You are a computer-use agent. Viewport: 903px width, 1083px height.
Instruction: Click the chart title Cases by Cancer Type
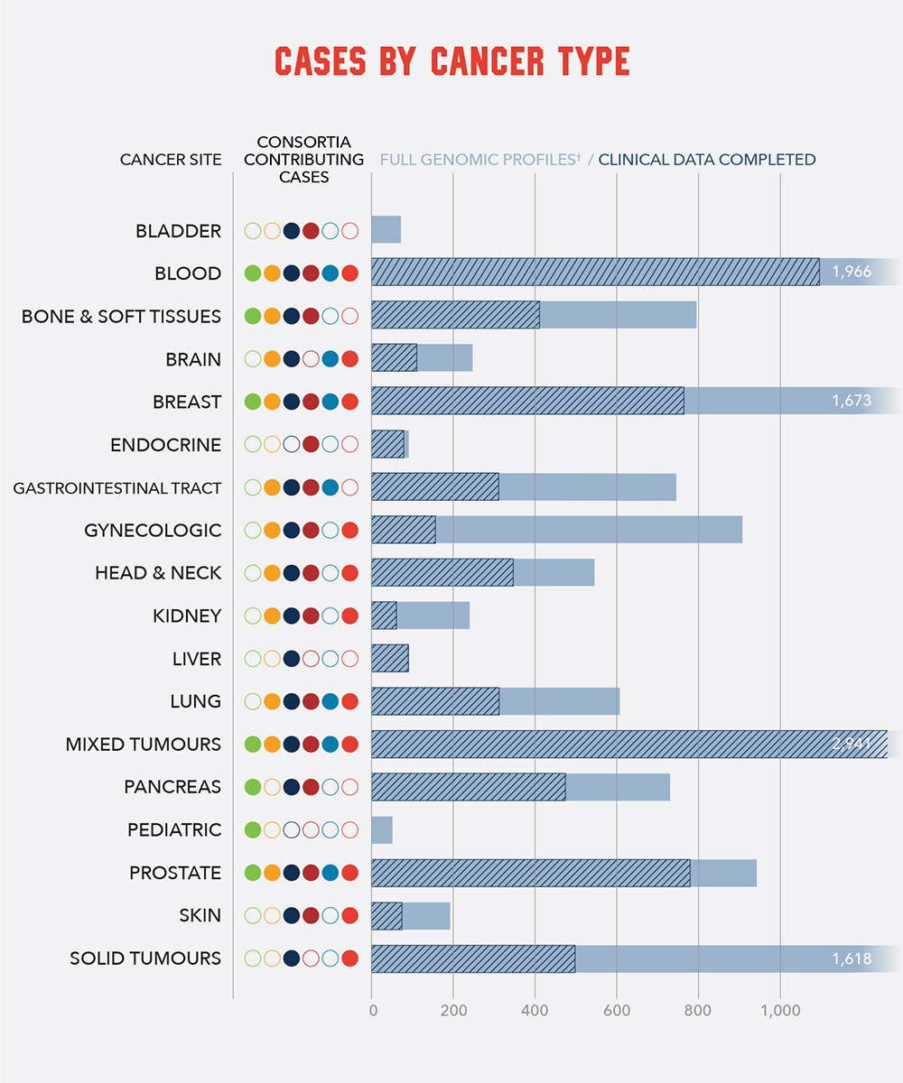pos(451,62)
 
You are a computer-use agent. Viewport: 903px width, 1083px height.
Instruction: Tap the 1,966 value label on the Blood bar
pos(852,273)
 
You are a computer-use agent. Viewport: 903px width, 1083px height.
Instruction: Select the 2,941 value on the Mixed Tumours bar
pos(852,745)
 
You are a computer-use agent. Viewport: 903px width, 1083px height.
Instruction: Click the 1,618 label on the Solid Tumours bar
pos(852,958)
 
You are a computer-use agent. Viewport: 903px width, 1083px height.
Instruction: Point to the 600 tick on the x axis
pos(617,1011)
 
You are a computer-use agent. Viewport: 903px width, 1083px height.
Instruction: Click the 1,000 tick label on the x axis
pos(779,1011)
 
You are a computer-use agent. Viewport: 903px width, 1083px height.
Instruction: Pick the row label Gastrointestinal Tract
pos(116,488)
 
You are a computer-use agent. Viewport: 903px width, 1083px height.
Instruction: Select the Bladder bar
pos(386,230)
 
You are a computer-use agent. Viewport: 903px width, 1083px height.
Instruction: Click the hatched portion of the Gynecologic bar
pos(403,530)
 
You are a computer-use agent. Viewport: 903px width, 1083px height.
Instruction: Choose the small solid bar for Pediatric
pos(381,829)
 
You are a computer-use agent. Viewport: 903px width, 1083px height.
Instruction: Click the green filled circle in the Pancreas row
pos(253,787)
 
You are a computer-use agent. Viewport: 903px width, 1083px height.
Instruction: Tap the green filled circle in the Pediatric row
pos(253,829)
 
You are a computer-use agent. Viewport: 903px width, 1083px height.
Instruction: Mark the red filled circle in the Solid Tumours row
pos(350,958)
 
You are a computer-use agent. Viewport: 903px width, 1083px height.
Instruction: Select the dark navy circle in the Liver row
pos(292,659)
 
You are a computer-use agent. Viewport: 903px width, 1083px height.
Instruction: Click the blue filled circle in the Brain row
pos(330,359)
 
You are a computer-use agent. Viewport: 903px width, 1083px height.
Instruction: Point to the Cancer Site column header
pos(171,160)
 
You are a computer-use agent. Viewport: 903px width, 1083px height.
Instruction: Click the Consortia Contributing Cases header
pos(303,160)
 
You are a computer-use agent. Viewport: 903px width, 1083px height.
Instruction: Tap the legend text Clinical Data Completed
pos(706,160)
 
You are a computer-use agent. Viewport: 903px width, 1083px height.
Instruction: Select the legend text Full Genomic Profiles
pos(479,160)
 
